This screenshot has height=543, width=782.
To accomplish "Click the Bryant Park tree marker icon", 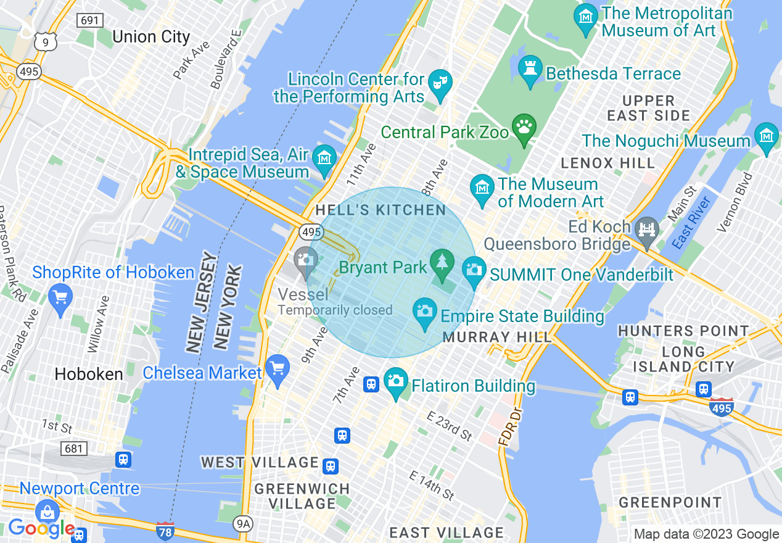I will (x=442, y=262).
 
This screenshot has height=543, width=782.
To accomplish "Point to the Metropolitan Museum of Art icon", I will (x=585, y=16).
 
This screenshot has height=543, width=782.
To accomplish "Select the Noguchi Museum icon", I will (x=766, y=135).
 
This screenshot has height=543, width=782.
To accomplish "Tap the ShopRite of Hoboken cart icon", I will (x=60, y=298).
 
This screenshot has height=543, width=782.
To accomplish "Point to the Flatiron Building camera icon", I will (x=396, y=381).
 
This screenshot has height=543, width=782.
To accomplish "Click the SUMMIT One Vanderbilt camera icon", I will (x=474, y=270).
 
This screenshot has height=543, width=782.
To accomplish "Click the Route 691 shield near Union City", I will (x=90, y=20).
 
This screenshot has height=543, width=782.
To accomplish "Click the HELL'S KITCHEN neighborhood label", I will (x=381, y=210).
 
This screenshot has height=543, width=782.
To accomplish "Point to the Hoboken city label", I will (x=89, y=374).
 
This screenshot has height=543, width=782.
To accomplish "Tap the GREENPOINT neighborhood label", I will (x=670, y=502).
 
